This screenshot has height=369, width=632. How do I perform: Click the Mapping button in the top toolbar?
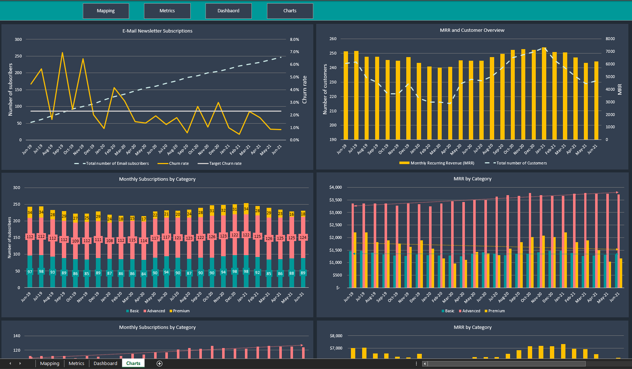[x=106, y=11]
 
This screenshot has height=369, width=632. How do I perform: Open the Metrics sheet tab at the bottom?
[x=76, y=363]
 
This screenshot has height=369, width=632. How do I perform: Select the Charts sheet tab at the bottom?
[x=133, y=363]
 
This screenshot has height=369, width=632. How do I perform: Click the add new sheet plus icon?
[x=160, y=364]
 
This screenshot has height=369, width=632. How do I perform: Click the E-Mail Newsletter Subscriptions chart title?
[x=157, y=31]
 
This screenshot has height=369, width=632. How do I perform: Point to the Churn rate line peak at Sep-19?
[x=62, y=53]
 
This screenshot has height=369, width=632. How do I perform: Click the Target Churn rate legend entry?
[x=225, y=163]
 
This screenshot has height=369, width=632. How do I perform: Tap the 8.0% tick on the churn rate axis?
[x=294, y=39]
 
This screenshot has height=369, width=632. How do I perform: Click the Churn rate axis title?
[x=305, y=90]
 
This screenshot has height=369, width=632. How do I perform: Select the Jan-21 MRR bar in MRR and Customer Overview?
[x=544, y=94]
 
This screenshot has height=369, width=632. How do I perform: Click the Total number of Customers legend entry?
[x=521, y=163]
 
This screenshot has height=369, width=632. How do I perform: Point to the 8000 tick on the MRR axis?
[x=610, y=39]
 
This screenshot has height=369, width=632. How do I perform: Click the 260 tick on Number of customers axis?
[x=333, y=39]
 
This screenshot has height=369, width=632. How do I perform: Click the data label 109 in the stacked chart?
[x=75, y=241]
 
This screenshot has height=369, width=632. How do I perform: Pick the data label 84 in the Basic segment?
[x=144, y=274]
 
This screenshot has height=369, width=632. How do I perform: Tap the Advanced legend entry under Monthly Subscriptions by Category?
[x=156, y=311]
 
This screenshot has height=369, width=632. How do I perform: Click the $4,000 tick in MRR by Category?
[x=335, y=187]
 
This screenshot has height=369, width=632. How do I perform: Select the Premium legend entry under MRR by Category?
[x=496, y=311]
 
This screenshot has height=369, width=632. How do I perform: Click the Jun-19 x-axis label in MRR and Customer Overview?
[x=342, y=149]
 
